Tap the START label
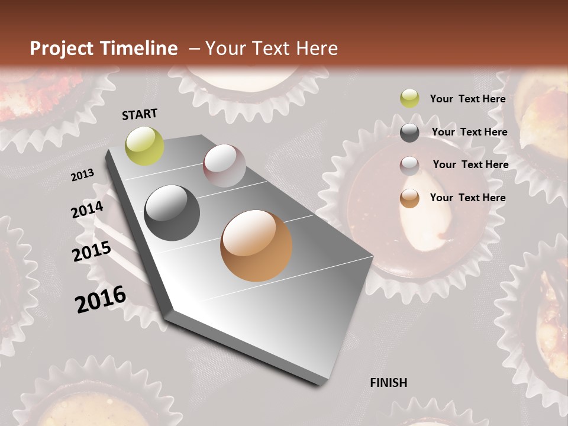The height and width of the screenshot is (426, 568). pos(140,114)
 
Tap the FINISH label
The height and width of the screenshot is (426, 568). pos(389,383)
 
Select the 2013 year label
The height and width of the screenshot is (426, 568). pos(82,175)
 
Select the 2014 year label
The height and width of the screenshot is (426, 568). pos(87,210)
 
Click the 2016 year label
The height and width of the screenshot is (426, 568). pos(101,299)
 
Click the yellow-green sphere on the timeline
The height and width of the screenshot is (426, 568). pos(144,146)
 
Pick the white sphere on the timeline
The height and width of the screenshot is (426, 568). pos(224,165)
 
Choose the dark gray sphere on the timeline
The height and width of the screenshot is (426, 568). pos(172,213)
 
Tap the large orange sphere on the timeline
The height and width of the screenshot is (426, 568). pos(256,246)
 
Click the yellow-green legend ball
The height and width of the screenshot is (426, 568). pos(409,99)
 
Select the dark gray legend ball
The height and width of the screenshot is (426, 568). pos(409,133)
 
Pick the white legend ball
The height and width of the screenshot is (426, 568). pos(409,166)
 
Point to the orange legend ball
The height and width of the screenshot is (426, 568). pos(409,199)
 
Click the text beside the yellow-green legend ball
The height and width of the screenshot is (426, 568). pos(467,99)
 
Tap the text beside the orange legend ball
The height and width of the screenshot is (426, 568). pos(467,198)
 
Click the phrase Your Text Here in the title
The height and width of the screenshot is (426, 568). pos(272,49)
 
